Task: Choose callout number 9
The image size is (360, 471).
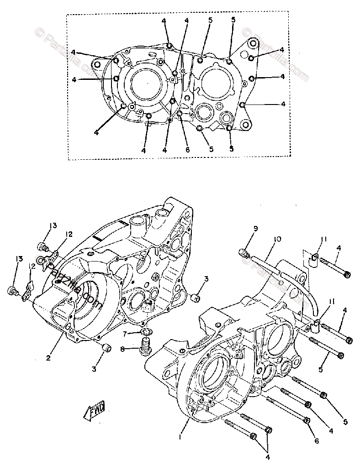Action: point(255,228)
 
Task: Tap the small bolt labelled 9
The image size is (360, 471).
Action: point(244,251)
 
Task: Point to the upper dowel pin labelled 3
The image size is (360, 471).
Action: point(196,298)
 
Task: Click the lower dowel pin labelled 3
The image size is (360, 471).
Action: point(106,349)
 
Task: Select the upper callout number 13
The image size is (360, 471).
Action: point(53,225)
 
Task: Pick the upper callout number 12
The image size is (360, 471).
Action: point(69,235)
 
